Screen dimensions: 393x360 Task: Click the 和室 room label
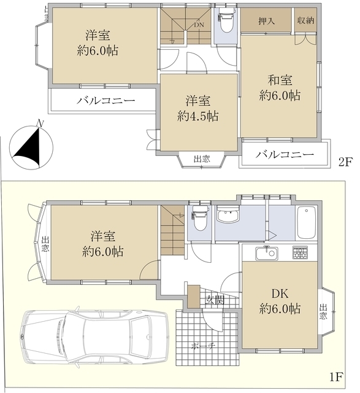[x=280, y=80]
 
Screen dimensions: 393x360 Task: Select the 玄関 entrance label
[x=214, y=300]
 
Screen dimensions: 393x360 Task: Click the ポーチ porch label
[x=205, y=345]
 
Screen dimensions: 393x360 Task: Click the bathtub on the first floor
[x=306, y=224]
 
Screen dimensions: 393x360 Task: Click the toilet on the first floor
[x=199, y=218]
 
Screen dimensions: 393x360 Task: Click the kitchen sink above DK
[x=269, y=252]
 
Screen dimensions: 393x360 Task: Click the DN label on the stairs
[x=199, y=26]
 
